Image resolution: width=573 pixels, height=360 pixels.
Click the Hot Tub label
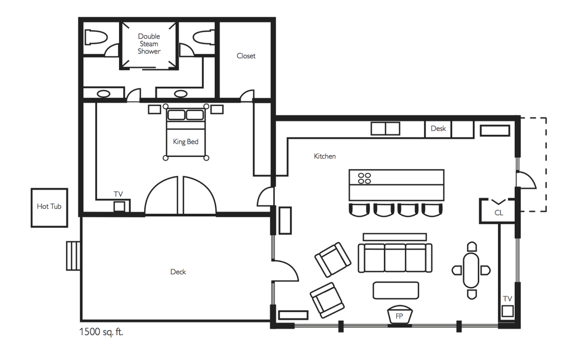tap(49, 207)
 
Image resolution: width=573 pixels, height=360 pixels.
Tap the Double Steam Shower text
tap(149, 44)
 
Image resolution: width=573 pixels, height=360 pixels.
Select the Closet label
tap(246, 56)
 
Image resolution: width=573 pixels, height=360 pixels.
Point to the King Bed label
tap(186, 142)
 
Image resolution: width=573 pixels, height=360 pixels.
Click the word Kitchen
tap(325, 156)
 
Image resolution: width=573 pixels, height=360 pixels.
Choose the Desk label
tap(438, 129)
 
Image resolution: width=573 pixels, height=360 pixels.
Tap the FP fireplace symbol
tap(400, 315)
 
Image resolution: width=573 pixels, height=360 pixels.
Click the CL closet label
tap(499, 213)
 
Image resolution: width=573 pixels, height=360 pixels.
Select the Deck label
tap(178, 272)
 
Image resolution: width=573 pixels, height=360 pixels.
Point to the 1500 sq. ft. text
tap(101, 332)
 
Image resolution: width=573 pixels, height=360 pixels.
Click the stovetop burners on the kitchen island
tap(364, 179)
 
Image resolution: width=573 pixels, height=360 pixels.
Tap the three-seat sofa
tap(395, 258)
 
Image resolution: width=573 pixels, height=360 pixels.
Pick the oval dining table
tap(471, 270)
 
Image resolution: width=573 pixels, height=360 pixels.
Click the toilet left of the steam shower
tap(96, 37)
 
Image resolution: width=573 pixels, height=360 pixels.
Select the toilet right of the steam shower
tap(203, 37)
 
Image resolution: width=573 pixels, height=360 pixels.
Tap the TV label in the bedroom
tap(118, 194)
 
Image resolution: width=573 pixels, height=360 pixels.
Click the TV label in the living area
tap(507, 299)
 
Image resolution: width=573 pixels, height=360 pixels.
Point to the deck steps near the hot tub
tap(73, 256)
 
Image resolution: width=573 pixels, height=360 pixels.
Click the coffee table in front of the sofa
tap(396, 290)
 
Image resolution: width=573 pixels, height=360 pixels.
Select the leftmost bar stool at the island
tap(359, 210)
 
